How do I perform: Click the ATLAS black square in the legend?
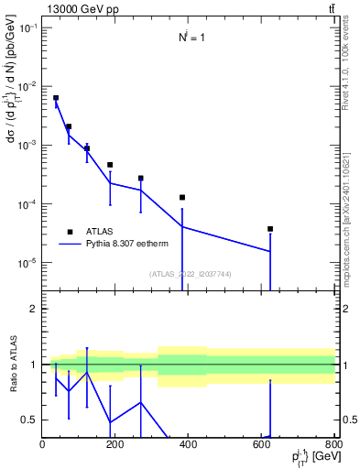pos(70,232)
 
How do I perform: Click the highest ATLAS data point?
pos(56,98)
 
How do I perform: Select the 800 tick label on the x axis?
pos(333,445)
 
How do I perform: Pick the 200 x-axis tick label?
pos(115,445)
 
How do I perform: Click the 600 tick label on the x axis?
pos(261,445)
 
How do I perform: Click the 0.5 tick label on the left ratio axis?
pos(31,420)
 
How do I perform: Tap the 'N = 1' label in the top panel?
pos(191,38)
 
